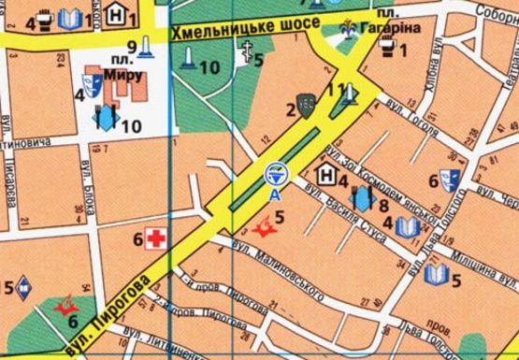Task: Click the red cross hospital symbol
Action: tap(154, 240)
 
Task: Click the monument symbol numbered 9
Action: tap(148, 46)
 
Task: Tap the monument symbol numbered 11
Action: tap(348, 93)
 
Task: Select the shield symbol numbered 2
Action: tap(306, 107)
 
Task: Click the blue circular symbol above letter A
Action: tap(274, 174)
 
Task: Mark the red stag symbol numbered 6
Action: tap(66, 306)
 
